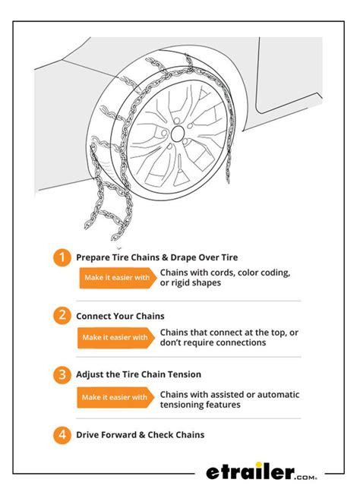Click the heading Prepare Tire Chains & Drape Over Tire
[156, 257]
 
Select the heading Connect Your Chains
[120, 316]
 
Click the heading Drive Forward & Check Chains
[140, 435]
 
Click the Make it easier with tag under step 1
[115, 278]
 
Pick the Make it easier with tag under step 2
[115, 337]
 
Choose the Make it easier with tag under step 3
[115, 396]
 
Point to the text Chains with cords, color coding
[226, 273]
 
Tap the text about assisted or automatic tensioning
[229, 399]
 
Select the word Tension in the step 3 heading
[201, 375]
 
